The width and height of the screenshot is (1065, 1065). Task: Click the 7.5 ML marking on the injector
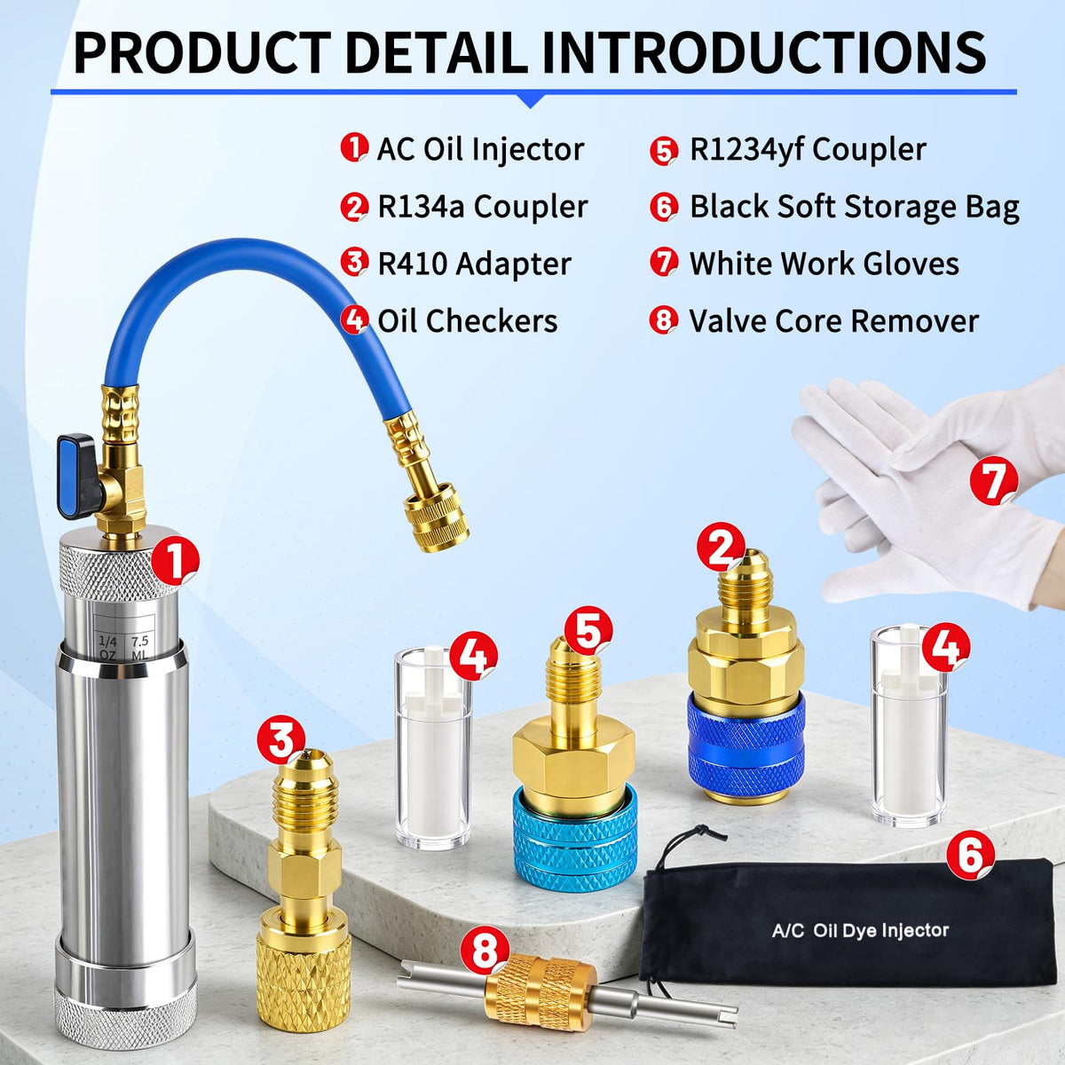click(140, 648)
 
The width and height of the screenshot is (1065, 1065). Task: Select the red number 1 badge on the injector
click(175, 562)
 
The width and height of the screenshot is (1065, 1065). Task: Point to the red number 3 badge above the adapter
click(281, 739)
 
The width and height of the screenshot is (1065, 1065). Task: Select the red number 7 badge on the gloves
click(994, 481)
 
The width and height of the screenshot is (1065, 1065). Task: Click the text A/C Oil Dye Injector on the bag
click(860, 930)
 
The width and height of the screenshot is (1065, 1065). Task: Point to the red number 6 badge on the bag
click(971, 855)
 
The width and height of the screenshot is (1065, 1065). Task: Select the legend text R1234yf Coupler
click(808, 150)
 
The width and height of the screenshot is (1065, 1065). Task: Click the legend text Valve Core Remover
click(833, 320)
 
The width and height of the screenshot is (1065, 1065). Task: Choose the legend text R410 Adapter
click(474, 264)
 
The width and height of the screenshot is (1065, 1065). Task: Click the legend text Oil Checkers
click(468, 320)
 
